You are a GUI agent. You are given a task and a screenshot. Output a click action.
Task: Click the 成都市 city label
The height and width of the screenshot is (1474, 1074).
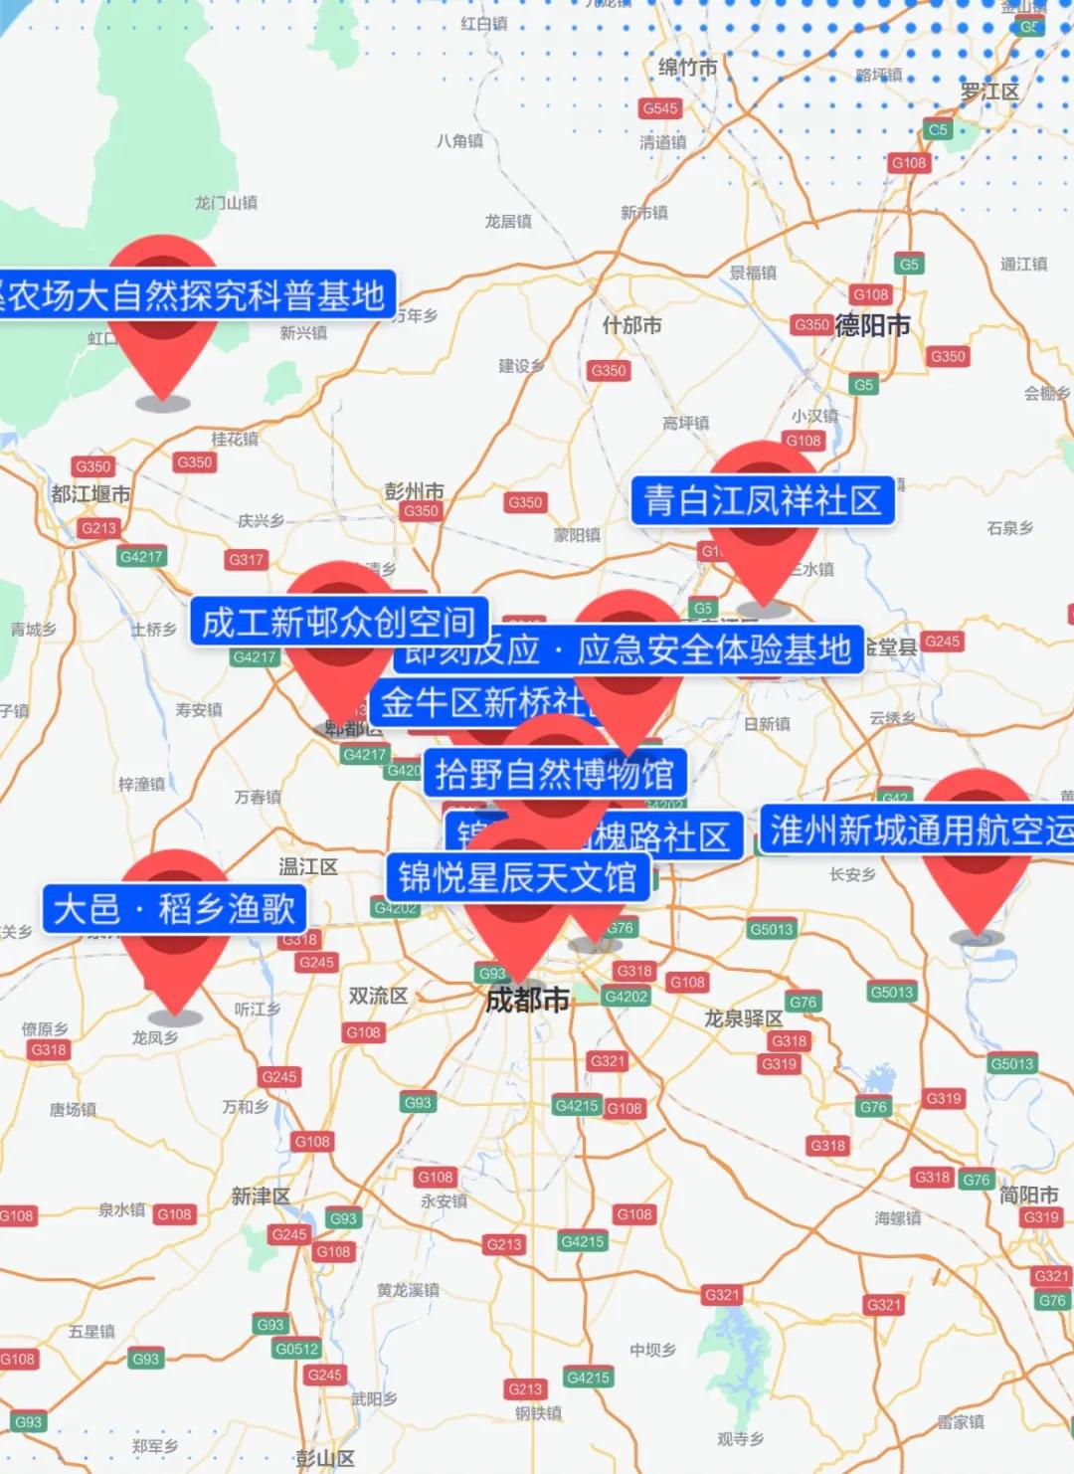527,1000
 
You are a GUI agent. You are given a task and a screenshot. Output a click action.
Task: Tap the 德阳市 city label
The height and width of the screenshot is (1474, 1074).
872,325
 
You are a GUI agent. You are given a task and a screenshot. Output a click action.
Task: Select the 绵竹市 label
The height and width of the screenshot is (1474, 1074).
687,68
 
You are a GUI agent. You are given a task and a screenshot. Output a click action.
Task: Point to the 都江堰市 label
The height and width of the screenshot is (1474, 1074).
90,494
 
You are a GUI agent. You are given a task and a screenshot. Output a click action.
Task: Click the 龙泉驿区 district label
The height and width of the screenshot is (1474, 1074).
743,1018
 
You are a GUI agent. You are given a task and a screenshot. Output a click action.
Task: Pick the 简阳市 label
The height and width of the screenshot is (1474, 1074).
1028,1195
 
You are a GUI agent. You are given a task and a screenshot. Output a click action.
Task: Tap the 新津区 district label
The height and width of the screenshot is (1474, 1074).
261,1196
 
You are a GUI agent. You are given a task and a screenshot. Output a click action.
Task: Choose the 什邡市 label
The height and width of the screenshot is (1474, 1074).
631,325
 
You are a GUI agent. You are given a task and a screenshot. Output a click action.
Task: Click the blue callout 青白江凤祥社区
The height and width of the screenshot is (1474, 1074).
763,500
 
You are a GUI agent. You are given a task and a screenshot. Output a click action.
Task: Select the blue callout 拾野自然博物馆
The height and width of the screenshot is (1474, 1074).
555,774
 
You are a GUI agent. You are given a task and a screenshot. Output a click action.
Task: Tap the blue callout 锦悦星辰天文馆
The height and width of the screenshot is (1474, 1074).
517,877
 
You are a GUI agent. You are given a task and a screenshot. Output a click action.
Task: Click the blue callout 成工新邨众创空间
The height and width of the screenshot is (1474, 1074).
339,622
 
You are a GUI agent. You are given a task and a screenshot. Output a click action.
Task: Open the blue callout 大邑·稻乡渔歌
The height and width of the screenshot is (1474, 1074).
174,908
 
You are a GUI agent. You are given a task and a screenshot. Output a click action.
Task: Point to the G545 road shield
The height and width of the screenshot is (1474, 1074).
660,108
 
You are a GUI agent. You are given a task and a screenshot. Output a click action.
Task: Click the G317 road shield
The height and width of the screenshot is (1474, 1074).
246,559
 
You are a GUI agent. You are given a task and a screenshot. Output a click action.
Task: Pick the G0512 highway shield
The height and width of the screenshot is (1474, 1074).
297,1349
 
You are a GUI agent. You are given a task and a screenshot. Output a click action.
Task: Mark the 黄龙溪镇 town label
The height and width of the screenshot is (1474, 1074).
408,1290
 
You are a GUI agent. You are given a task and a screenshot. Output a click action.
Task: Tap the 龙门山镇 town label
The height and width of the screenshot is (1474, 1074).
226,203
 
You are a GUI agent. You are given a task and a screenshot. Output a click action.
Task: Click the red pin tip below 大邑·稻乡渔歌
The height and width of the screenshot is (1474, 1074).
175,1013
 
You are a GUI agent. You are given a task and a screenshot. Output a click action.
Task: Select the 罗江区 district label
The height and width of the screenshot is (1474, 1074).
989,92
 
